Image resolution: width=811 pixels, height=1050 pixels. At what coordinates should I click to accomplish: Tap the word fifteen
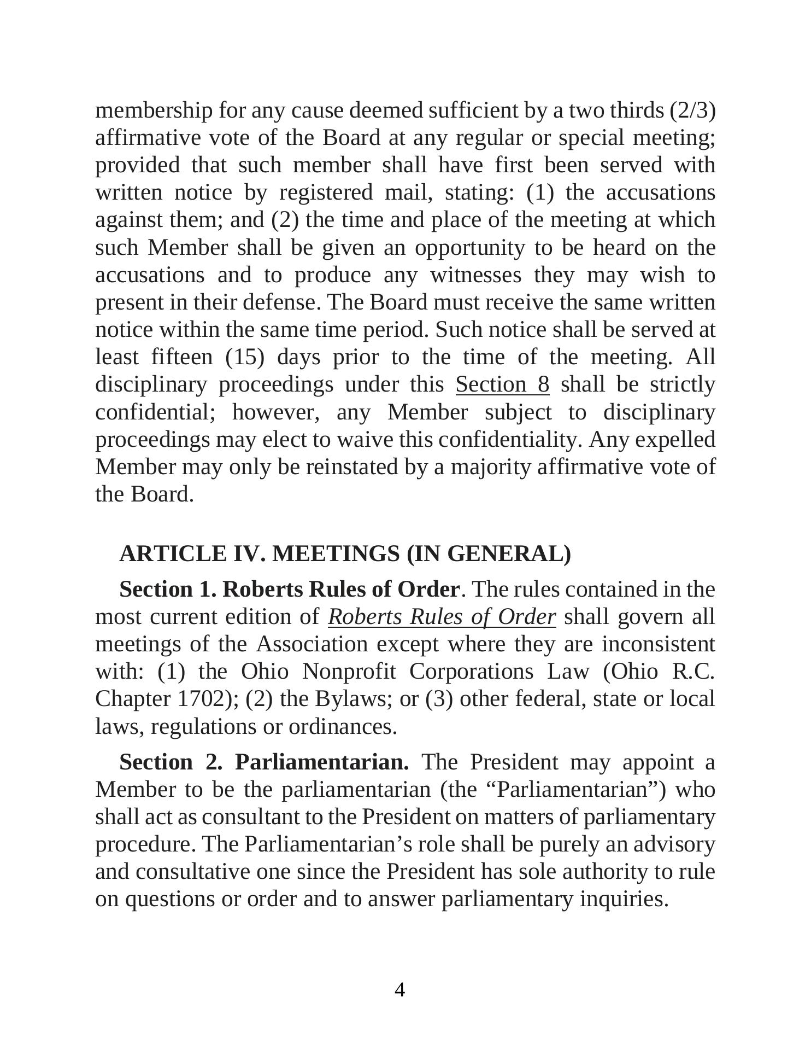coord(181,357)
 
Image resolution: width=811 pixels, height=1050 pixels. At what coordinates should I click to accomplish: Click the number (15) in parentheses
coord(245,357)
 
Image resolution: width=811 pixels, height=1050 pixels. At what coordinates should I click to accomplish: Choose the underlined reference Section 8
coord(502,384)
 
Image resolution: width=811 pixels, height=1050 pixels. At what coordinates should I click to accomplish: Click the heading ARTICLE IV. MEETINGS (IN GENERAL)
coord(345,553)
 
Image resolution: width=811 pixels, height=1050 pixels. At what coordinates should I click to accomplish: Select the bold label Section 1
coord(168,590)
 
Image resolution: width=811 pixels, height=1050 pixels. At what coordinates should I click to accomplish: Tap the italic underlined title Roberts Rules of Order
coord(442,617)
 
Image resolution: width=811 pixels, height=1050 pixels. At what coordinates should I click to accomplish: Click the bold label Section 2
coord(171,762)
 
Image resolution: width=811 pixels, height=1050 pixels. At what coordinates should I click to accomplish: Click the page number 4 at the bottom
coord(399,990)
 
